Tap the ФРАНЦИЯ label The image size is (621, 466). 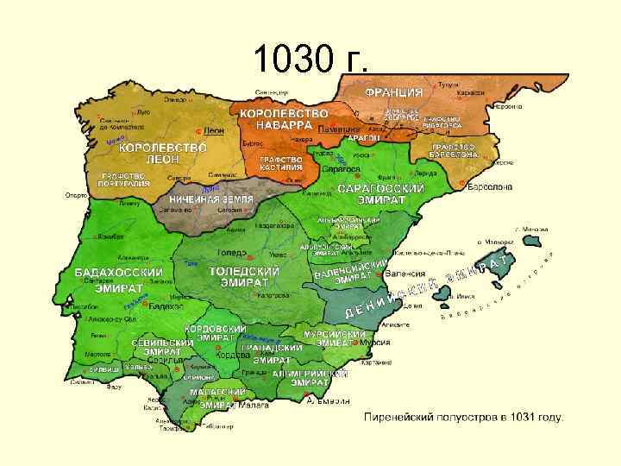[x=393, y=92]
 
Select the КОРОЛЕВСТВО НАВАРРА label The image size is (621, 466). [x=284, y=119]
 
